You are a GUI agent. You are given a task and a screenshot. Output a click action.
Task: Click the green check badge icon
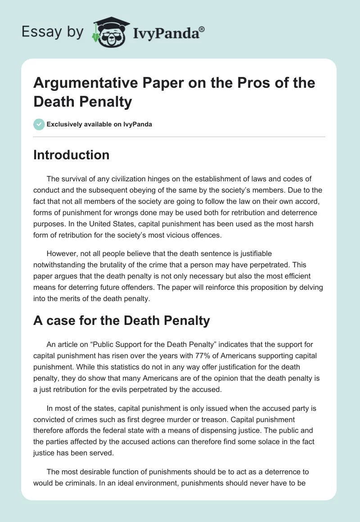coord(39,124)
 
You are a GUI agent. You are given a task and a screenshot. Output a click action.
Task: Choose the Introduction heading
coord(72,155)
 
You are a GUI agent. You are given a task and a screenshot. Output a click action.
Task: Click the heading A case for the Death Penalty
coord(121,320)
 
